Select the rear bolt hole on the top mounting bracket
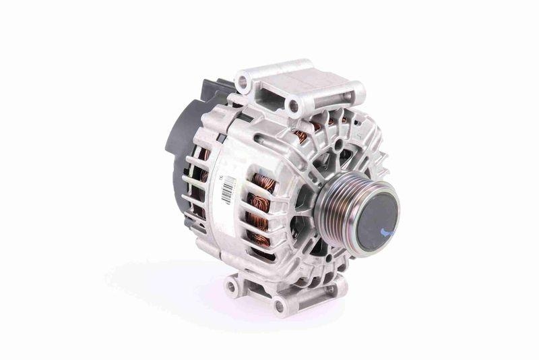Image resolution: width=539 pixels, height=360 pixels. tap(242, 82)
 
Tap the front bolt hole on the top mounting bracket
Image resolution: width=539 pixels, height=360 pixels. tap(293, 105)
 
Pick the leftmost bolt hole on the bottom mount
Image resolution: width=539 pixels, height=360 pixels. tap(231, 287)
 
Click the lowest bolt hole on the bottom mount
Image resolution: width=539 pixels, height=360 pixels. tap(278, 305)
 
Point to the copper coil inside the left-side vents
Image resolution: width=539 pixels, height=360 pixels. tap(201, 182)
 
